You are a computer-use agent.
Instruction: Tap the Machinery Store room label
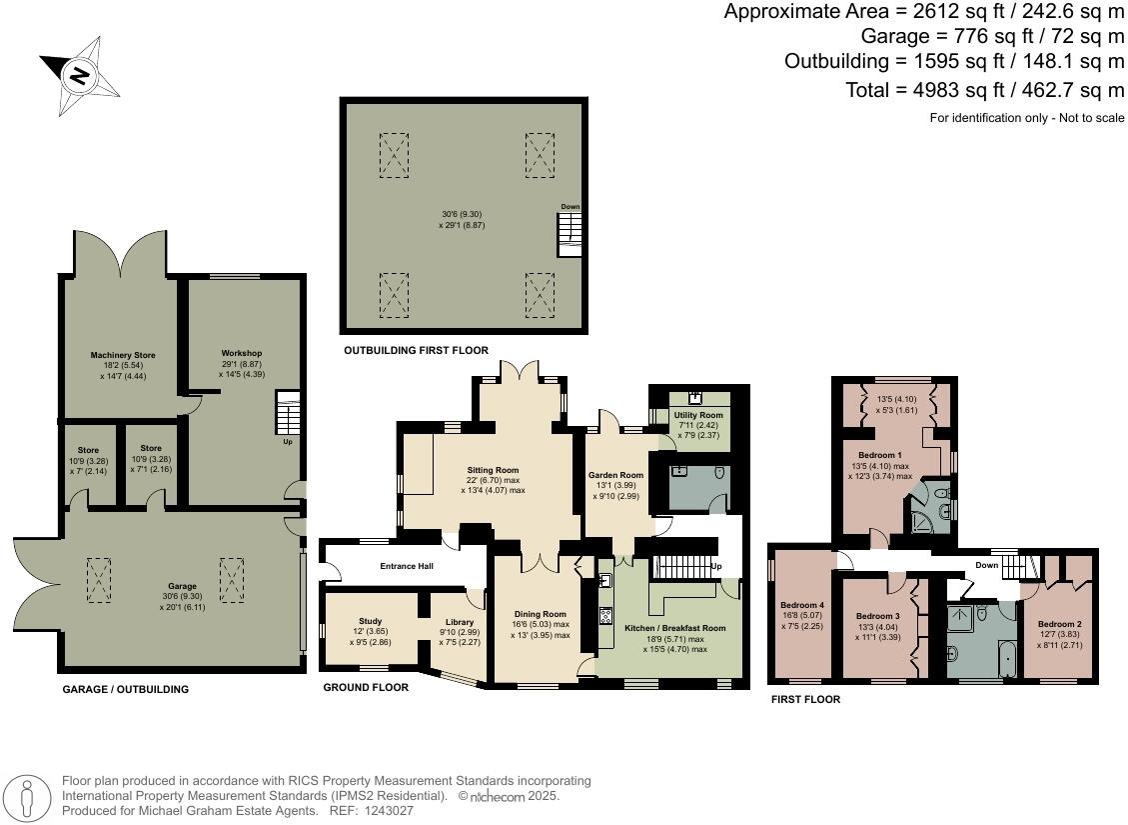click(122, 355)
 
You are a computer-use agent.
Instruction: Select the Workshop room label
click(241, 353)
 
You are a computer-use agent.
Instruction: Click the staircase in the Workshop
click(287, 414)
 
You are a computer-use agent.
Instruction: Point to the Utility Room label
click(697, 415)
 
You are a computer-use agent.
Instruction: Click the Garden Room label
click(616, 475)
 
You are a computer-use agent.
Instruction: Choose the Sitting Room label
click(494, 470)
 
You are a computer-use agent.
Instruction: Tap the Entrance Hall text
click(406, 567)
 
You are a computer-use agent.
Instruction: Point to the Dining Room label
click(541, 614)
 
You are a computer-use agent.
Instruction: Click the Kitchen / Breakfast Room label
click(675, 627)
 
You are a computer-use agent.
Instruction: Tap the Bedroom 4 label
click(801, 605)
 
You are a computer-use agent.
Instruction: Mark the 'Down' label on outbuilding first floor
click(569, 207)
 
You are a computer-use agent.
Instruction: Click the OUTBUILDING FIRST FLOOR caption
click(416, 351)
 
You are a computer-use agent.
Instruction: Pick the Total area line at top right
click(985, 91)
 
